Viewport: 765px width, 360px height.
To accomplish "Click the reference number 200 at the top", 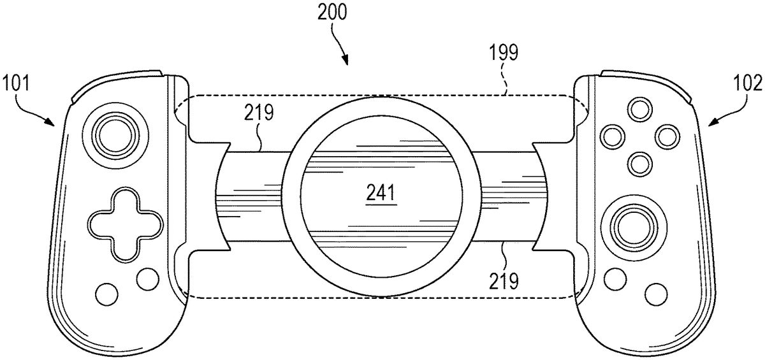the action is tap(331, 13).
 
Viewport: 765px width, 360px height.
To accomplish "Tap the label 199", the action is tap(504, 52).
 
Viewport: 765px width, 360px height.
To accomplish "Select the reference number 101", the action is tap(15, 83).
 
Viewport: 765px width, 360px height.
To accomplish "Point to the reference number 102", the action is tap(748, 83).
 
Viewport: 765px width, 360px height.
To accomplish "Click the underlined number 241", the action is tap(381, 194).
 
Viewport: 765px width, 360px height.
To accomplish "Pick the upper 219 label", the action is tap(259, 112).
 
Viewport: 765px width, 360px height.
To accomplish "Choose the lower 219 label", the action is tap(504, 280).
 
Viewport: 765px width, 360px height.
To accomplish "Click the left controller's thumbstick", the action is tap(115, 136).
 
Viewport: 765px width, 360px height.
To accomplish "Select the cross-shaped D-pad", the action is tap(126, 225).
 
